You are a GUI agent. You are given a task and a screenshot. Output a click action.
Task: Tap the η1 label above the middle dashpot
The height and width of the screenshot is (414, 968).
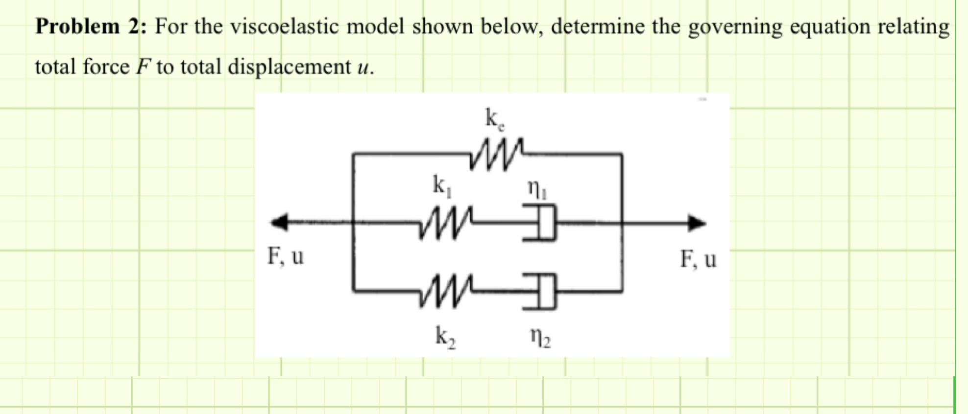536,189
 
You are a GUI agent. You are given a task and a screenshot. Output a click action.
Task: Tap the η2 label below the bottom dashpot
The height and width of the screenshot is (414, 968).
540,338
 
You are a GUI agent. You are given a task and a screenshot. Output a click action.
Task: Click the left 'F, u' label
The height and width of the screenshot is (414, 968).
285,256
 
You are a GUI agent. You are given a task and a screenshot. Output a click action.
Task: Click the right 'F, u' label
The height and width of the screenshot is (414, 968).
698,259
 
